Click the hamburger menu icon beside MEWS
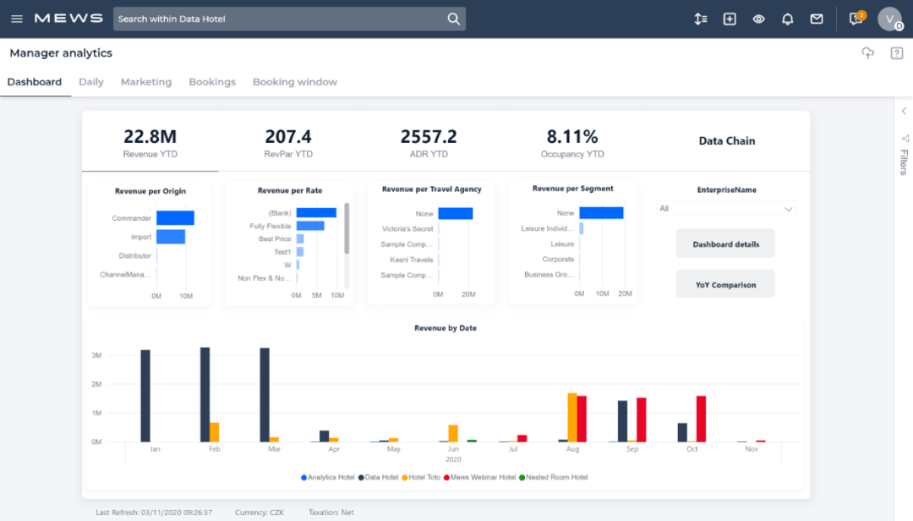tap(17, 19)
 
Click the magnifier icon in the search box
tap(454, 19)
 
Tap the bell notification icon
tap(787, 19)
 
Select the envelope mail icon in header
tap(816, 19)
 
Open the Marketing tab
tap(145, 82)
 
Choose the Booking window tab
tap(294, 82)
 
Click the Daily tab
tap(91, 82)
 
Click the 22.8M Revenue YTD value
tap(150, 137)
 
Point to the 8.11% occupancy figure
tap(572, 137)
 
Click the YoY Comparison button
tap(725, 285)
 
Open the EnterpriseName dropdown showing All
tap(726, 209)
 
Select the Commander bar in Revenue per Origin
tap(175, 218)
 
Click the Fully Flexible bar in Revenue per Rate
tap(309, 226)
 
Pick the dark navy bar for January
tap(145, 395)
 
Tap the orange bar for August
tap(572, 417)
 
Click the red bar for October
tap(701, 418)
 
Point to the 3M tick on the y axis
tap(96, 355)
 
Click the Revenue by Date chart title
tap(445, 328)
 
